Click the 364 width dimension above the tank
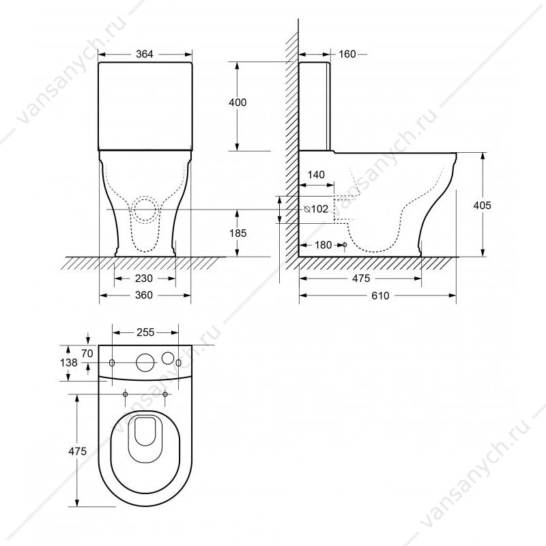click(x=144, y=55)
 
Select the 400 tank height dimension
click(x=238, y=102)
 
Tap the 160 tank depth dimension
click(x=347, y=55)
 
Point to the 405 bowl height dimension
click(x=482, y=205)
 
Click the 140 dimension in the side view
click(x=316, y=175)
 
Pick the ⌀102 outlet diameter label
click(x=316, y=209)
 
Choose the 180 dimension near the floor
click(x=323, y=245)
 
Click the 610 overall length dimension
click(x=380, y=296)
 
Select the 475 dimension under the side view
click(x=361, y=278)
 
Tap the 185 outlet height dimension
click(x=238, y=233)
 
